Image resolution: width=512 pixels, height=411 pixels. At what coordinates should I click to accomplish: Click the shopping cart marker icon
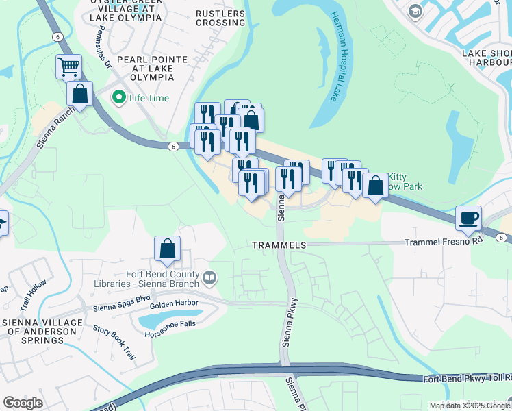[x=68, y=67]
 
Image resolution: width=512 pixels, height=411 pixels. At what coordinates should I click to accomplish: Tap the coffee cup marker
[x=469, y=219]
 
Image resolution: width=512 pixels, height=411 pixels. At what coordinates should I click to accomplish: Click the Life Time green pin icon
[x=118, y=98]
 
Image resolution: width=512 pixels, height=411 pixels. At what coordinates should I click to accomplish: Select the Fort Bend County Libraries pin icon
[x=210, y=279]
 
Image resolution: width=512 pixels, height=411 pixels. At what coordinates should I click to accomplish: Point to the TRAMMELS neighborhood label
[x=279, y=245]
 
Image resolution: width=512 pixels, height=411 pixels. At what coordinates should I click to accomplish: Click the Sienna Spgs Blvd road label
[x=122, y=299]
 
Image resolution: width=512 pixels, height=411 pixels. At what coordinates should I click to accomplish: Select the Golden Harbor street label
[x=174, y=303]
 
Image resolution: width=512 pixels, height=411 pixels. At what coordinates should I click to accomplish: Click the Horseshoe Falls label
[x=171, y=334]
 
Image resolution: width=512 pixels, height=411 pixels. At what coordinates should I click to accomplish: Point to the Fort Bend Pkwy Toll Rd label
[x=465, y=379]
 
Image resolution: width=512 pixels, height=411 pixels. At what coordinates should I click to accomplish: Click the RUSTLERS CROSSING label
[x=220, y=18]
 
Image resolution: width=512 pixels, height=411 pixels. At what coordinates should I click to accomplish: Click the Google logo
[x=22, y=403]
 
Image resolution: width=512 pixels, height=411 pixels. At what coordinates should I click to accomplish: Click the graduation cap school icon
[x=415, y=12]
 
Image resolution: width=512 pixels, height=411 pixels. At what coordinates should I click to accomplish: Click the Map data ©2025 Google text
[x=470, y=406]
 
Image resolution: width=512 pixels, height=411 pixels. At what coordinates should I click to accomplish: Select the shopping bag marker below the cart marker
[x=80, y=95]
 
